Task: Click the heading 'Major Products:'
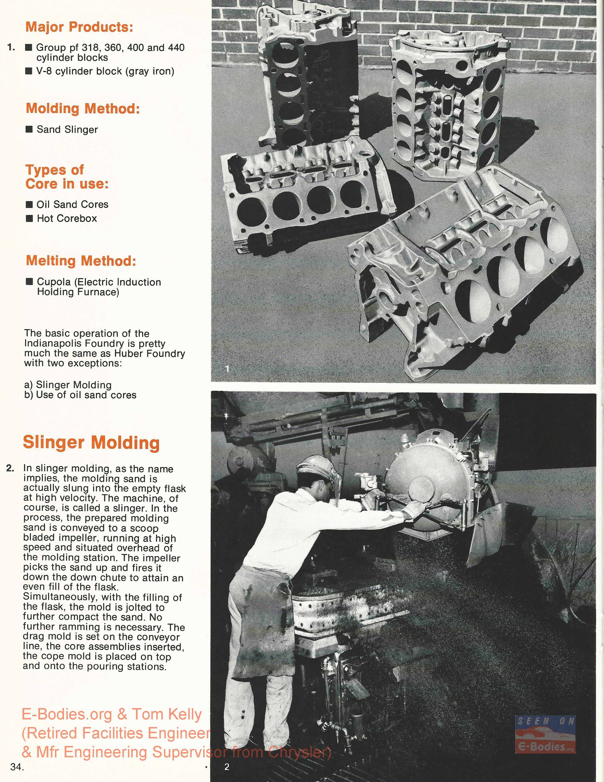click(x=79, y=27)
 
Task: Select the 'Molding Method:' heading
click(x=83, y=109)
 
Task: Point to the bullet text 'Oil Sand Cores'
click(x=72, y=205)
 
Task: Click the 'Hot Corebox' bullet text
click(x=67, y=218)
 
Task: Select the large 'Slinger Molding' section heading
click(x=91, y=443)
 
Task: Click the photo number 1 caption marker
click(x=227, y=368)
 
